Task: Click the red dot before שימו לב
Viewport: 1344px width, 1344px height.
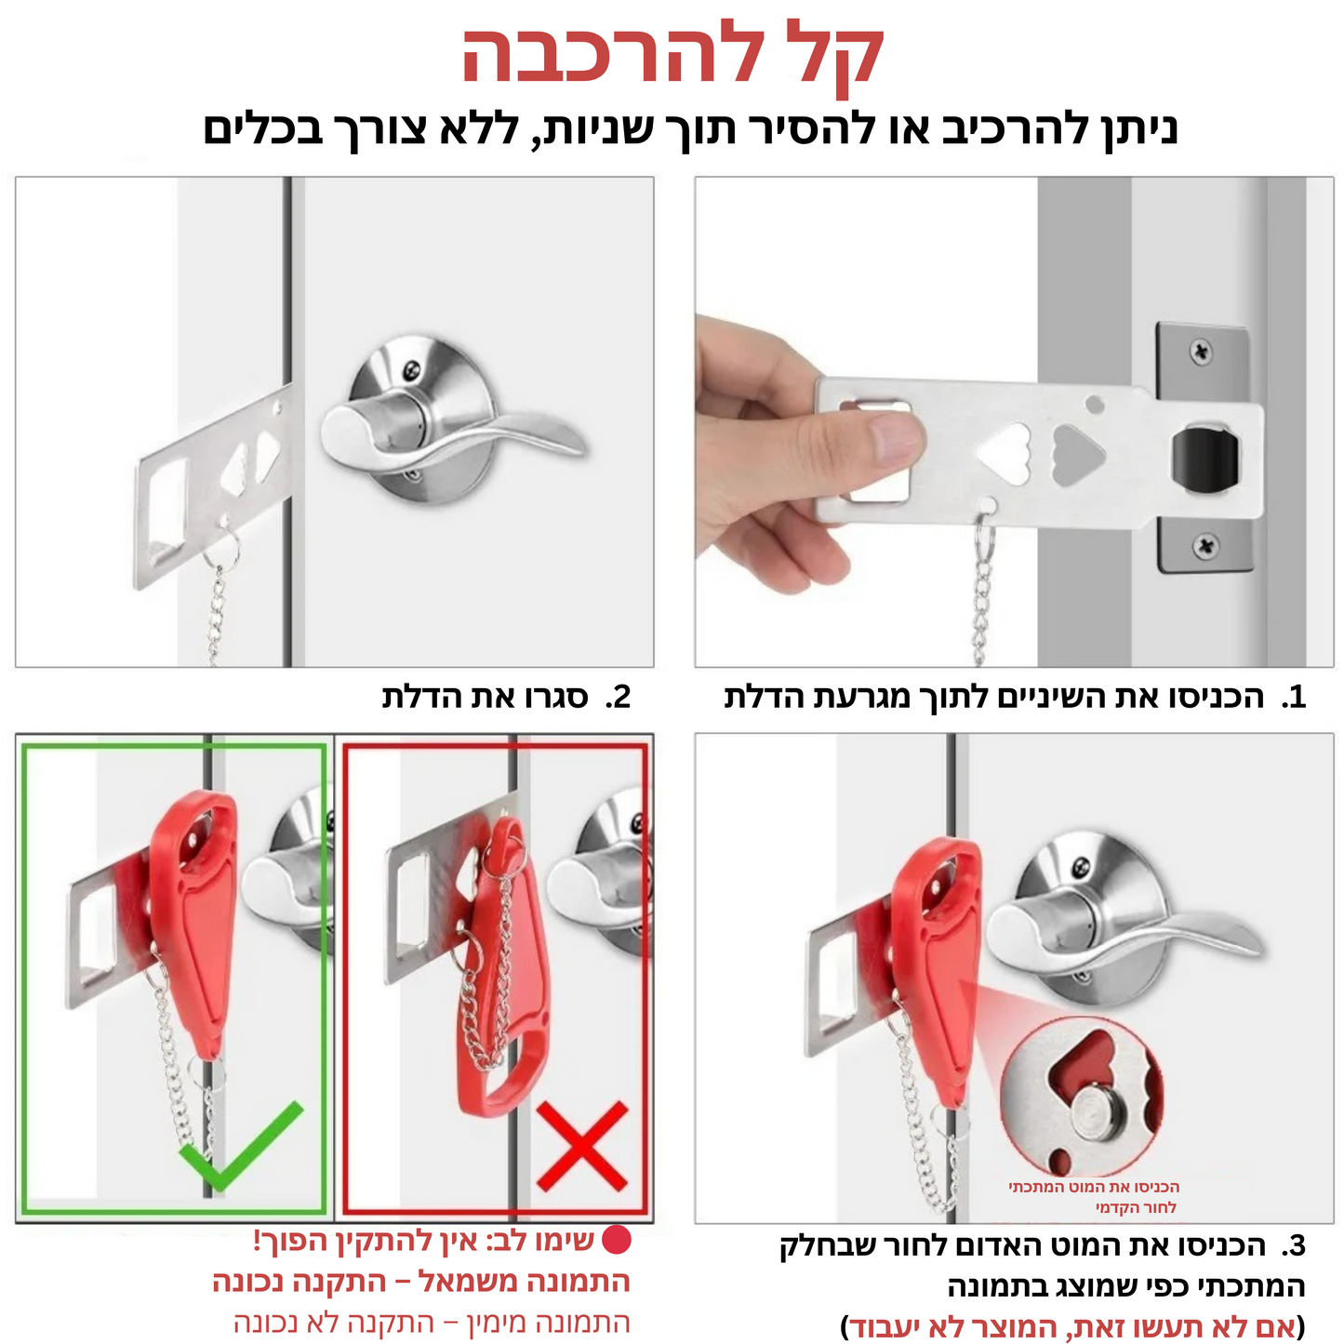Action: click(x=617, y=1241)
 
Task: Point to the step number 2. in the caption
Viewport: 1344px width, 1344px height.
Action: click(x=618, y=698)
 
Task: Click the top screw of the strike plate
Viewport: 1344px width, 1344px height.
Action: click(x=1202, y=353)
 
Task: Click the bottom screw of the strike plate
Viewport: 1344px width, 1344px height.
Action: click(x=1206, y=546)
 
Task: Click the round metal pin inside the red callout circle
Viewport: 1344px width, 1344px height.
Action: click(x=1098, y=1112)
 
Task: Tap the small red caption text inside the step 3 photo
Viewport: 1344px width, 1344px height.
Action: click(x=1096, y=1197)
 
